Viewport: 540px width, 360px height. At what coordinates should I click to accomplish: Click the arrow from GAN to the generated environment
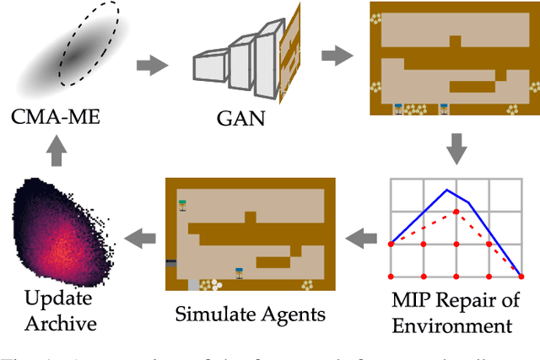point(337,56)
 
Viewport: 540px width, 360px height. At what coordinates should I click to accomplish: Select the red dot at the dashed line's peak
point(456,212)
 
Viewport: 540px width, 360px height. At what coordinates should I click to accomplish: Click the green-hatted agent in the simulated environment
point(182,204)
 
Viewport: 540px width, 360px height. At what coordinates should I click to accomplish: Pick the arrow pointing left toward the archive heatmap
point(139,239)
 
